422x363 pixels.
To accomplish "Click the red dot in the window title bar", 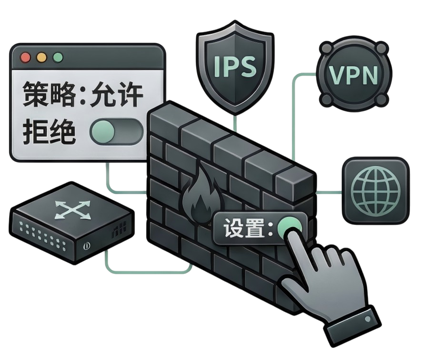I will [x=25, y=58].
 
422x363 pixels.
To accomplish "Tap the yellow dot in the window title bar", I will [x=41, y=58].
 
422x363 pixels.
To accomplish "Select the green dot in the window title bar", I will [x=58, y=58].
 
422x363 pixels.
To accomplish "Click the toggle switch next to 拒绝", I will [x=117, y=131].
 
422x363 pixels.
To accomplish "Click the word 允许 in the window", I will [x=117, y=95].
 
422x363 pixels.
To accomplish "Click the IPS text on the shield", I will [x=235, y=66].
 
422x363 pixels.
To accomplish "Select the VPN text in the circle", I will [x=353, y=75].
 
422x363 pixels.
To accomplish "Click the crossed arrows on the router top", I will [x=72, y=210].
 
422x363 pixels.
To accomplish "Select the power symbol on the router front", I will [x=87, y=246].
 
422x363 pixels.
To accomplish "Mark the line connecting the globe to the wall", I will [x=329, y=192].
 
